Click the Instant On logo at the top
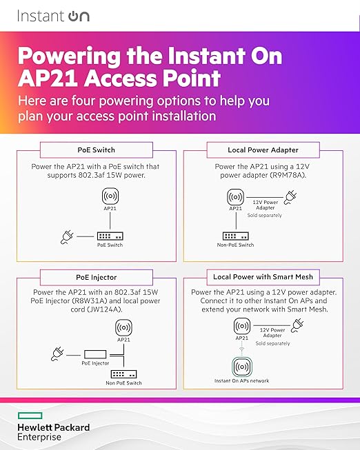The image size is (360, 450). [53, 16]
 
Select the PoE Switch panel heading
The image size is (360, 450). [97, 150]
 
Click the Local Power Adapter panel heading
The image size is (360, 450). [263, 150]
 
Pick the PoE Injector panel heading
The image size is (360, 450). [97, 277]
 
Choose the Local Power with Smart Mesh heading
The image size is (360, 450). [263, 276]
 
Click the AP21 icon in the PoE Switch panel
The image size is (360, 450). [110, 196]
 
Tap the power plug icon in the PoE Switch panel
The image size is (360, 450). [67, 237]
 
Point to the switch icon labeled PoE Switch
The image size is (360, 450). [110, 236]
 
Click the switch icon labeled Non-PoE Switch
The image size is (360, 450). [236, 236]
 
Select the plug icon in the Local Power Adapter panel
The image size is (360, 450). [290, 198]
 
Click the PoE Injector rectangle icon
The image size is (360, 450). [95, 354]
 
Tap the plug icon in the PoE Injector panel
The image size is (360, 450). [57, 354]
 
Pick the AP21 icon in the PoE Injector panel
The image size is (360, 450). [123, 327]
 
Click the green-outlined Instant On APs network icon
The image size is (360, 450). [242, 367]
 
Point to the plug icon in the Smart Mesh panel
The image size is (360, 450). [297, 325]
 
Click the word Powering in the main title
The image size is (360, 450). [69, 57]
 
